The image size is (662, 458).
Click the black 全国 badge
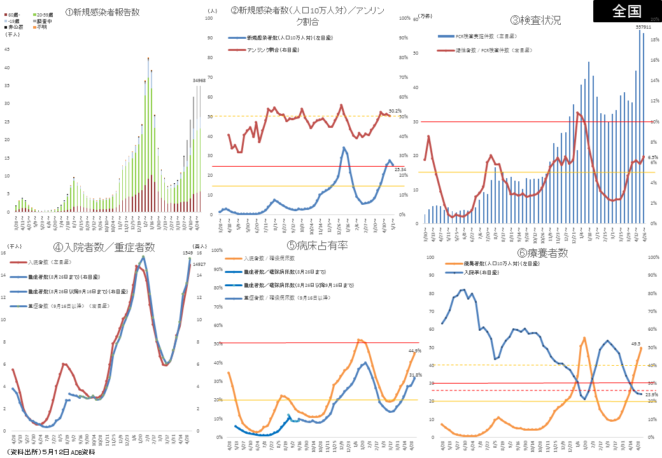tap(627, 11)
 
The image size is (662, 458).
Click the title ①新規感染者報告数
tap(102, 11)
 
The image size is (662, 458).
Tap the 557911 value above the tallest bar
tap(643, 27)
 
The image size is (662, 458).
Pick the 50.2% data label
tap(395, 111)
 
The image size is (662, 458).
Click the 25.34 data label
tap(400, 169)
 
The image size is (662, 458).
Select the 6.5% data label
tap(652, 156)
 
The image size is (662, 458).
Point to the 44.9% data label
tap(414, 350)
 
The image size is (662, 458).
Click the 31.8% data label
tap(414, 375)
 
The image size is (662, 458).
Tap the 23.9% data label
tap(651, 395)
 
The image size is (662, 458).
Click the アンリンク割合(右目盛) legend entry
tap(273, 50)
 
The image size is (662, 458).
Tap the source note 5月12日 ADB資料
tap(51, 452)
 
